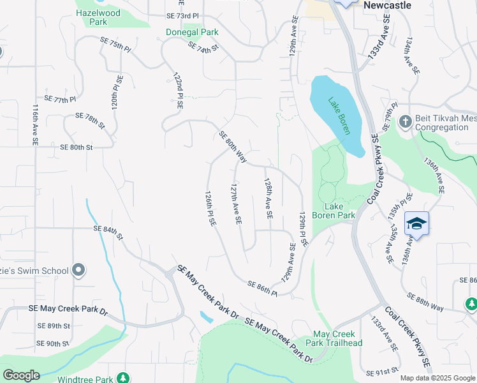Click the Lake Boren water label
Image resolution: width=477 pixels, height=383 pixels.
(x=339, y=115)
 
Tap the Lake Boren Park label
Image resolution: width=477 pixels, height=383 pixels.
(x=339, y=211)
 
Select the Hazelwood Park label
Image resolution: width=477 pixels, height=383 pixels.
(x=99, y=17)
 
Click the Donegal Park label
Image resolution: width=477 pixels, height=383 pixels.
(x=192, y=32)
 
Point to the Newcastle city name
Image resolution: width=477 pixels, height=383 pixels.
(x=387, y=5)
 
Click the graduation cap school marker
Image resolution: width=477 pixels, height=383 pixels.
(x=416, y=223)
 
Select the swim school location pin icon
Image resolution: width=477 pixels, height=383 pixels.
(x=78, y=271)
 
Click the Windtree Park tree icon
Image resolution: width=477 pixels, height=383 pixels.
(x=123, y=378)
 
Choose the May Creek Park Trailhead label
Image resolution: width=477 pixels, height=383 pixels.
(x=338, y=339)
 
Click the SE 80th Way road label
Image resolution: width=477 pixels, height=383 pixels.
(x=233, y=146)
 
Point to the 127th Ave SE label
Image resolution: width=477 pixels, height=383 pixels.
(x=235, y=204)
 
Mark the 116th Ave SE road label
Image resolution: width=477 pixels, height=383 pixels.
(x=36, y=124)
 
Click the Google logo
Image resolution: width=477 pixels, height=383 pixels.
(x=21, y=375)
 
